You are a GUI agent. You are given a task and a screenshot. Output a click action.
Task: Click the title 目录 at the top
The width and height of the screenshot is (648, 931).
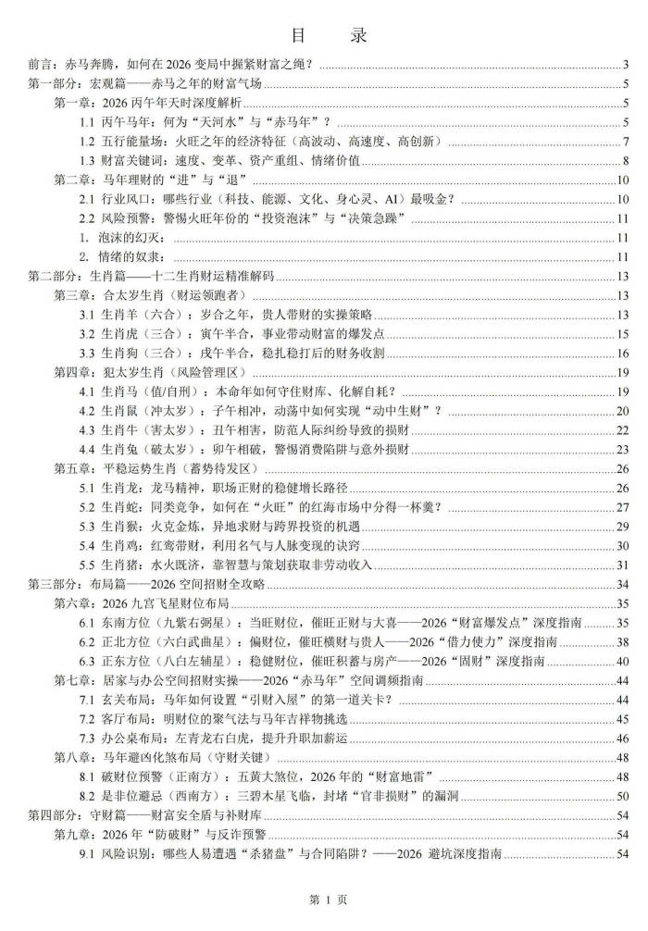324,36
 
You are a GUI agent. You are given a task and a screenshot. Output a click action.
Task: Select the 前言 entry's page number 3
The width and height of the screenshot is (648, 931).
627,64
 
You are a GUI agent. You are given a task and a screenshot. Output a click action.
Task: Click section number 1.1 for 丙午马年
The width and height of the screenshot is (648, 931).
87,122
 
